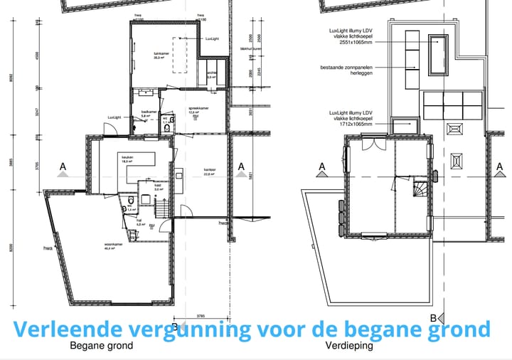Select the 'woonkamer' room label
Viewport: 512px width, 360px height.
click(x=110, y=244)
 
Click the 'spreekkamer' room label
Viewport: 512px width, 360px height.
click(x=197, y=109)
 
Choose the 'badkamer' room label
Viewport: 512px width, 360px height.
click(x=149, y=112)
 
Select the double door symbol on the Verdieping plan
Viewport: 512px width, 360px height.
click(x=370, y=144)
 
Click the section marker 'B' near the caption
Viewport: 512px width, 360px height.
click(x=433, y=317)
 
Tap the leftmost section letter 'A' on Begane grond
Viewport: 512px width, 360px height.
click(x=63, y=168)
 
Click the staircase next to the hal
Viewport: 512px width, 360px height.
click(x=163, y=208)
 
